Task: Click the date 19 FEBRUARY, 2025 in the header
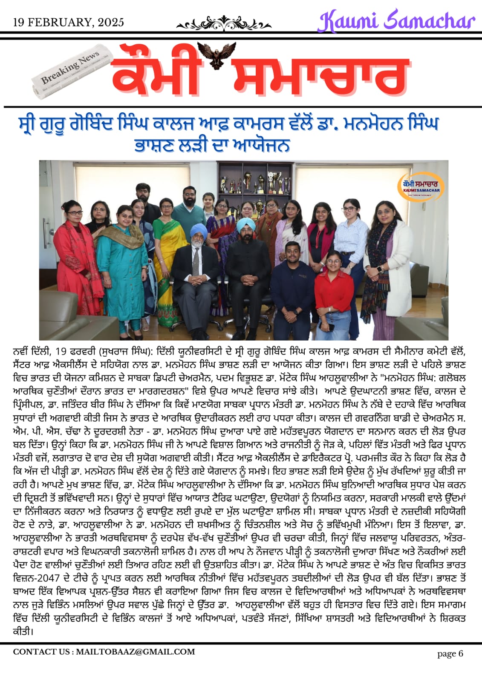pos(69,23)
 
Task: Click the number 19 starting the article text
pos(61,352)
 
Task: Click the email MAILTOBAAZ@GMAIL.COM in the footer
pos(135,652)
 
